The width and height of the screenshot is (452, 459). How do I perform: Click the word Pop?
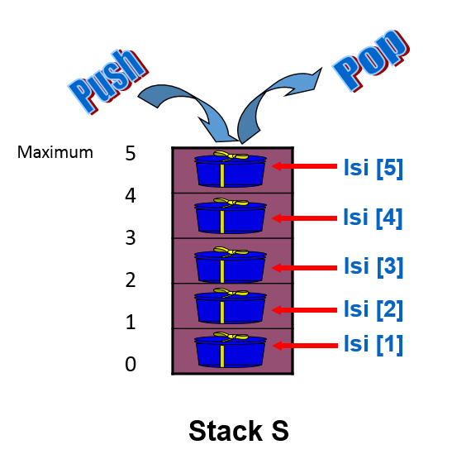(372, 60)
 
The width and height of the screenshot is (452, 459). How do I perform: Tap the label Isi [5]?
(372, 168)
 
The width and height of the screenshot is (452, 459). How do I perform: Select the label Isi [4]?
(372, 218)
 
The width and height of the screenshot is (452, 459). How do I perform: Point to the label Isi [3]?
(372, 267)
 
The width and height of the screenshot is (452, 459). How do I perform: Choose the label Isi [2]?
(372, 309)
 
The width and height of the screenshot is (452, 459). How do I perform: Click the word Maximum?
(55, 152)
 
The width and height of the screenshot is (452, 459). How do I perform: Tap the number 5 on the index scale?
(131, 153)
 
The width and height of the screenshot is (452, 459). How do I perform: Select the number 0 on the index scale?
(131, 364)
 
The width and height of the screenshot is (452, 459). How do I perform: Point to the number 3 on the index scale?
(131, 238)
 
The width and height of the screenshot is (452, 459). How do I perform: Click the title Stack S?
(239, 431)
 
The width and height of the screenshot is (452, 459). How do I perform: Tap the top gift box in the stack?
(231, 170)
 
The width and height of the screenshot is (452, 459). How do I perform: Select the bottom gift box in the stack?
(231, 351)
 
